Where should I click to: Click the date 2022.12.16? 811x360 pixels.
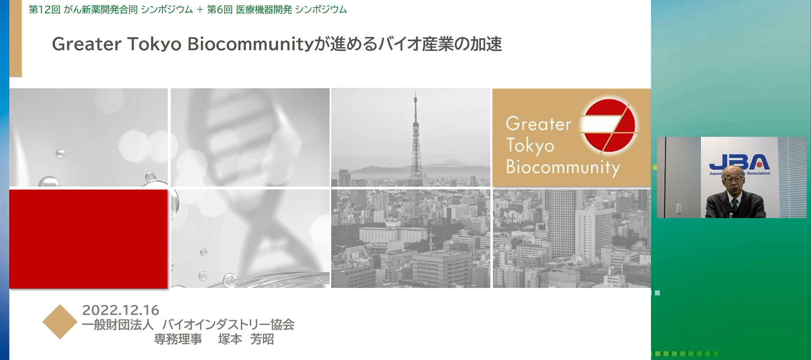(121, 310)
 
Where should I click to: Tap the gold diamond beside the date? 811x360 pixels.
(60, 322)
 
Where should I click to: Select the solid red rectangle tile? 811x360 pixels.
(88, 239)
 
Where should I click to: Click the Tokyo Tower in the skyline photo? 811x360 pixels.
(416, 140)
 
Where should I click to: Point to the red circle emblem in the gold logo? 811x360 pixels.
(609, 125)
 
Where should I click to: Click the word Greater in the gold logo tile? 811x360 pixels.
(538, 124)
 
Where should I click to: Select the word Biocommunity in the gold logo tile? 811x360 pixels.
(563, 167)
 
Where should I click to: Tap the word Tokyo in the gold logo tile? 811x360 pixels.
(530, 146)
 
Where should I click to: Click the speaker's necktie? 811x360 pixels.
(734, 205)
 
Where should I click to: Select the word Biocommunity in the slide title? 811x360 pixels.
(250, 44)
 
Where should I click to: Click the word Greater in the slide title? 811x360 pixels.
(87, 44)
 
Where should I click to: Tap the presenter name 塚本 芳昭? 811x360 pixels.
(246, 339)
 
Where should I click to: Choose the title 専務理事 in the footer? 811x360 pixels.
(178, 339)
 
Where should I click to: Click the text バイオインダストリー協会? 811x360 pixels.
(228, 324)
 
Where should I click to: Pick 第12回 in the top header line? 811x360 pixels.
(44, 10)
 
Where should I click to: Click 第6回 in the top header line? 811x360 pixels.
(220, 10)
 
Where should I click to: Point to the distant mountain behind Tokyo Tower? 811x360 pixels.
(452, 161)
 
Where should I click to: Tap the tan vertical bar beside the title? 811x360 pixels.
(16, 38)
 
